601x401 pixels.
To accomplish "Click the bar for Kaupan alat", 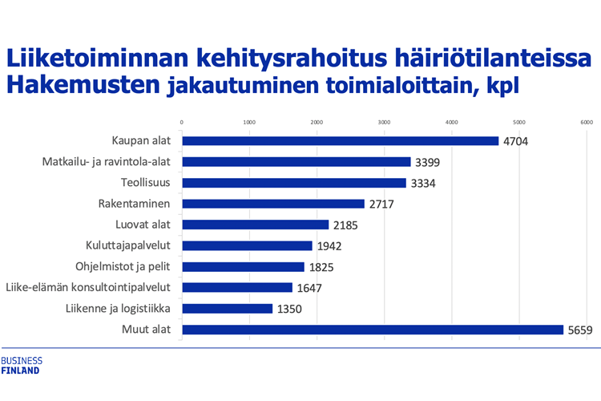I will click(341, 141).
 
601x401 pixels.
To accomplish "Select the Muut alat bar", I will click(373, 330).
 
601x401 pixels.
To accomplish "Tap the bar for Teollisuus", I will click(294, 183).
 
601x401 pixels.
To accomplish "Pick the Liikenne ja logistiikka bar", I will click(228, 309).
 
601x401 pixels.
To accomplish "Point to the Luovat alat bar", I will click(256, 225).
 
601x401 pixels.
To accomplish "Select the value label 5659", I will click(581, 330).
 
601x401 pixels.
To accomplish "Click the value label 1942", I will click(331, 246).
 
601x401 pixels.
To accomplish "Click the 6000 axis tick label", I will click(587, 122).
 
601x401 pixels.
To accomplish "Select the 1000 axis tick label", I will click(249, 122).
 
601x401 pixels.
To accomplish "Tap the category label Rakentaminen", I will click(140, 204).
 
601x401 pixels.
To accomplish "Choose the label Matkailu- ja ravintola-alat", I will click(112, 162).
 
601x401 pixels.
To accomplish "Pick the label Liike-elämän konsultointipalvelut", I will click(91, 287).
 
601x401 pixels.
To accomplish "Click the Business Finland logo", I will click(22, 366).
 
